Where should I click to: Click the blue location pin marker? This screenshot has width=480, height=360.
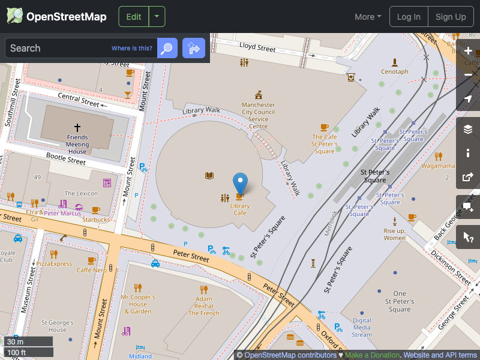tap(240, 182)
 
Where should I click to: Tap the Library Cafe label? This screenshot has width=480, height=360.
tap(240, 209)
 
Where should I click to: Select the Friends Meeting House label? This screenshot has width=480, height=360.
tap(77, 144)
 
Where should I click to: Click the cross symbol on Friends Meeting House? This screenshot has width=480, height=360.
tap(77, 128)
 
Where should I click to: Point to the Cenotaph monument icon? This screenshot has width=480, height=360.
tap(394, 62)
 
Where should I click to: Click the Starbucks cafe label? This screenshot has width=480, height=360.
tap(96, 220)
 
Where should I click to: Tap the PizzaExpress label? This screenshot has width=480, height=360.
tap(54, 263)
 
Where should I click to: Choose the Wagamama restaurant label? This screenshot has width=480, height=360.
tap(438, 165)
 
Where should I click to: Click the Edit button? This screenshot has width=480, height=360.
tap(134, 17)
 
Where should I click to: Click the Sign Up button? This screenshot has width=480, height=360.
tap(451, 17)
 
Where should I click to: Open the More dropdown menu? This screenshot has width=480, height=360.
tap(368, 17)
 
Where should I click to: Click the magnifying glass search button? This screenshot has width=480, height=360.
tap(167, 48)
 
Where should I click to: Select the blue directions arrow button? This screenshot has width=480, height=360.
tap(194, 48)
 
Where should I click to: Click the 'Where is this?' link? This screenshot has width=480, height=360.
tap(132, 48)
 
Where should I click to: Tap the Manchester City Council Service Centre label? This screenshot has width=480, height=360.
tap(259, 115)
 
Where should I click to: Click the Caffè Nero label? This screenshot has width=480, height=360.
tap(92, 270)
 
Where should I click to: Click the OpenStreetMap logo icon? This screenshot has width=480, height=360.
tap(15, 16)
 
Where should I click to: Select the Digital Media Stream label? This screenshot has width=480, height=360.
tap(362, 328)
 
